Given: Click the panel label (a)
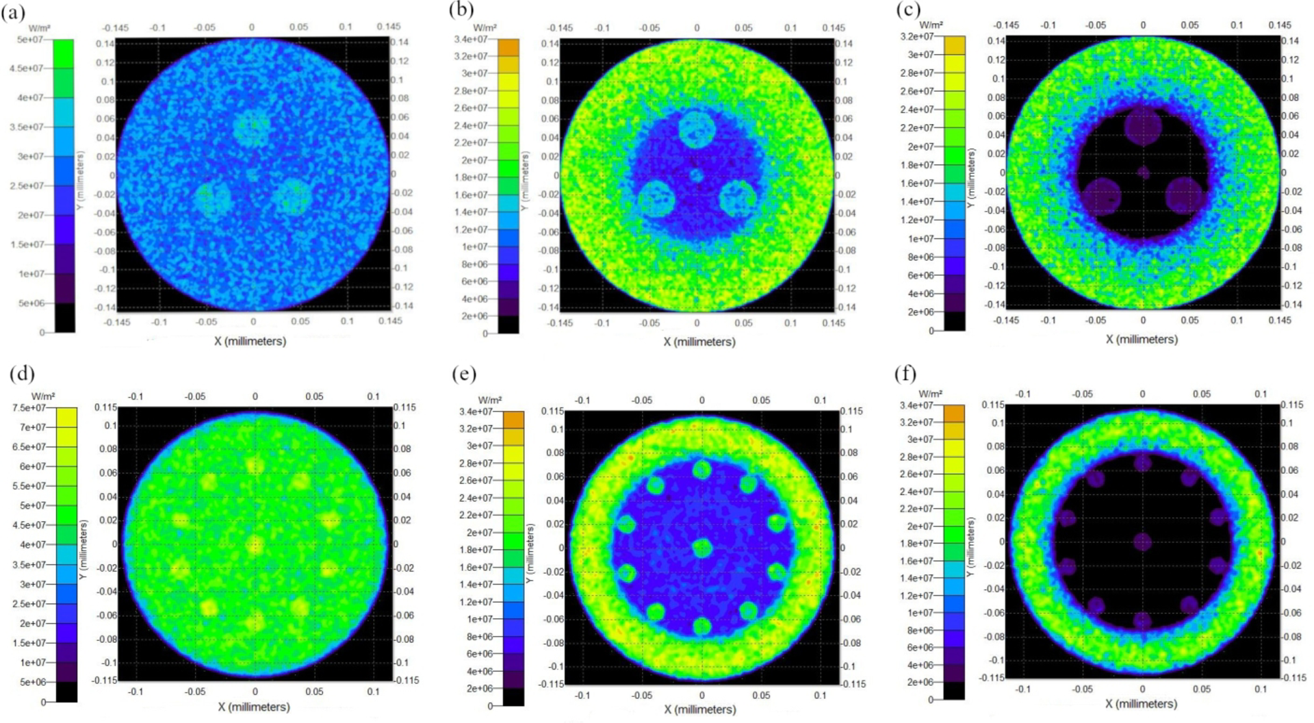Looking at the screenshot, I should pyautogui.click(x=14, y=12).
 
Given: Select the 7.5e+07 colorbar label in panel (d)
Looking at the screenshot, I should pyautogui.click(x=29, y=408).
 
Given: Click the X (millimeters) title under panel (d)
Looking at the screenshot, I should pyautogui.click(x=254, y=707).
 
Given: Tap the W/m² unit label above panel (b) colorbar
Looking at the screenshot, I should pyautogui.click(x=485, y=28).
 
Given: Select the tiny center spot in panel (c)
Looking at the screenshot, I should pyautogui.click(x=1143, y=173).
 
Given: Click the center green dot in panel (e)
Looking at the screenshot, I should pyautogui.click(x=702, y=548).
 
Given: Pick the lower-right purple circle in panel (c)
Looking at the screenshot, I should pyautogui.click(x=1184, y=194).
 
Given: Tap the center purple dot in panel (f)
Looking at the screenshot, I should pyautogui.click(x=1142, y=542).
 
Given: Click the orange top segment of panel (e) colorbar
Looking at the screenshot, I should pyautogui.click(x=513, y=420).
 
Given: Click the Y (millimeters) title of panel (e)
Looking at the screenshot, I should pyautogui.click(x=529, y=555).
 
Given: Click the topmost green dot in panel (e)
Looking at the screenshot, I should pyautogui.click(x=701, y=470).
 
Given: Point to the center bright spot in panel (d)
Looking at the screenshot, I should pyautogui.click(x=255, y=546).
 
